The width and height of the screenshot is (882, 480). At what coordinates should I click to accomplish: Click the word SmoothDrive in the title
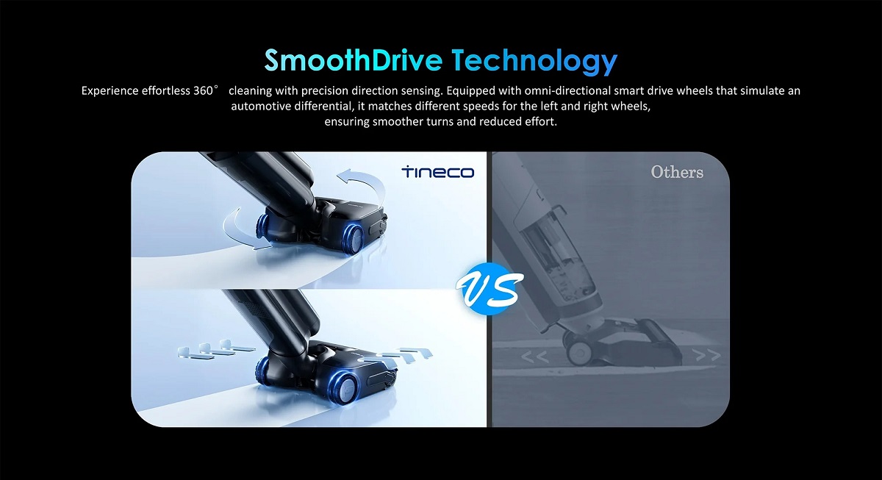tap(353, 60)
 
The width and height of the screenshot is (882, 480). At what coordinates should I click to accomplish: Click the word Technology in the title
tap(534, 61)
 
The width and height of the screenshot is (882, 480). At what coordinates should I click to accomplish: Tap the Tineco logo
tap(438, 172)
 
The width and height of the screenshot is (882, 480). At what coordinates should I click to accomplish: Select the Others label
tap(677, 172)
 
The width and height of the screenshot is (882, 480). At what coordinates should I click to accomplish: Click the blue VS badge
tap(490, 289)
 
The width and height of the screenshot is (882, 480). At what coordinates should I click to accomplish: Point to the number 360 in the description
tap(203, 90)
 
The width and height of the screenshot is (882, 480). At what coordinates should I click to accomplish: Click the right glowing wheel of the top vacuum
tap(354, 237)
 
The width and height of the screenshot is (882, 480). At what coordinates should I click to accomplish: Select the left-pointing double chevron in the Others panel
tap(535, 357)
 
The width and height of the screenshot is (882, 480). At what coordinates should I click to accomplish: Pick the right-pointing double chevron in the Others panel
tap(708, 355)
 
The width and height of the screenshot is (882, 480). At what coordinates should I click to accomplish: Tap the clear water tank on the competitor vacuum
tap(559, 252)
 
